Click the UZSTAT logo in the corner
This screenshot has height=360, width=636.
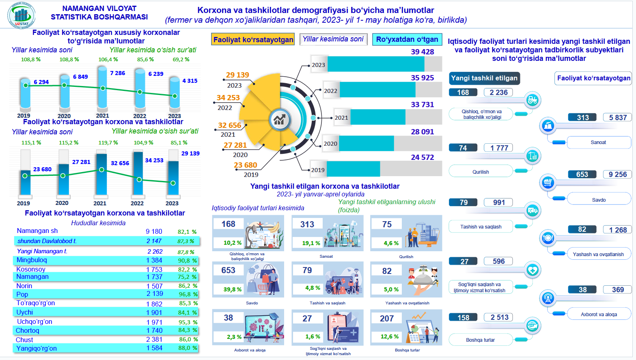[x=22, y=15]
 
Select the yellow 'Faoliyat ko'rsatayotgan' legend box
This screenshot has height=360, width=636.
[x=253, y=39]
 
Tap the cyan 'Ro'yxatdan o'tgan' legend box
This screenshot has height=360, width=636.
[x=407, y=39]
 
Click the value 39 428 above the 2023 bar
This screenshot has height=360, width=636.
[x=422, y=52]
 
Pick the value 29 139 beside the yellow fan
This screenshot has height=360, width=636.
[x=237, y=75]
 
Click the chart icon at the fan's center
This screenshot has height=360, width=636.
[x=279, y=119]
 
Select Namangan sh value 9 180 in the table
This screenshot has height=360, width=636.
[x=154, y=231]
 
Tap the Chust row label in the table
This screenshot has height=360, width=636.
[x=24, y=340]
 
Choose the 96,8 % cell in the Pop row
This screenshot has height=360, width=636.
[x=188, y=294]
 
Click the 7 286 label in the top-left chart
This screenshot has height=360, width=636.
[x=117, y=73]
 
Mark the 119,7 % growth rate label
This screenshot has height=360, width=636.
[x=108, y=143]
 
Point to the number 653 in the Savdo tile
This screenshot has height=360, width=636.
[x=228, y=270]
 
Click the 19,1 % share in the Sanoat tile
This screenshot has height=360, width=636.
[x=311, y=243]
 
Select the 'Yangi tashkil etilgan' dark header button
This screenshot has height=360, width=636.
[x=484, y=78]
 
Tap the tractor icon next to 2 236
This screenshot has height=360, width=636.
[x=532, y=99]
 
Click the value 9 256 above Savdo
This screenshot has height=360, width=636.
[x=617, y=175]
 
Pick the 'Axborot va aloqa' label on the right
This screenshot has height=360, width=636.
[x=599, y=315]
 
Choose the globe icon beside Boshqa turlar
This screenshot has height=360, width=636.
[x=532, y=325]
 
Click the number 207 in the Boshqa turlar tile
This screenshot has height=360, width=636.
[x=387, y=319]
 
